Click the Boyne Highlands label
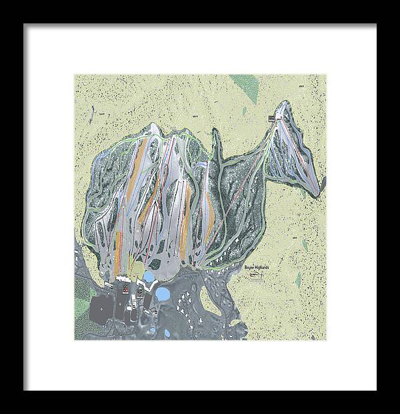(257, 265)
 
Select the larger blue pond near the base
(162, 293)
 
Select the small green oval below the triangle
(245, 110)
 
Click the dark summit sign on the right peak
(272, 118)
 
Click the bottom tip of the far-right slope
(318, 196)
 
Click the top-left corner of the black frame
(24, 25)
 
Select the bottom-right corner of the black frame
(376, 390)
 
